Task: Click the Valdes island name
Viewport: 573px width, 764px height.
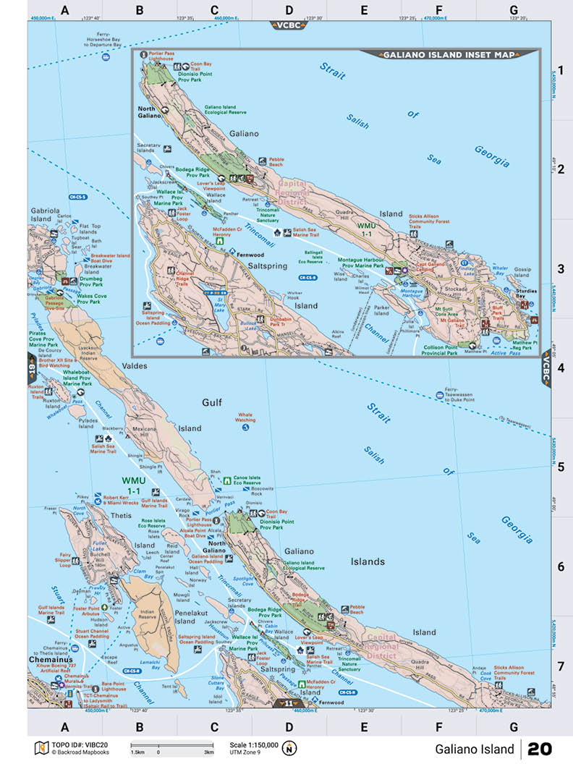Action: tap(134, 366)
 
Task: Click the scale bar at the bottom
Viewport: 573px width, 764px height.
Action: tap(172, 745)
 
